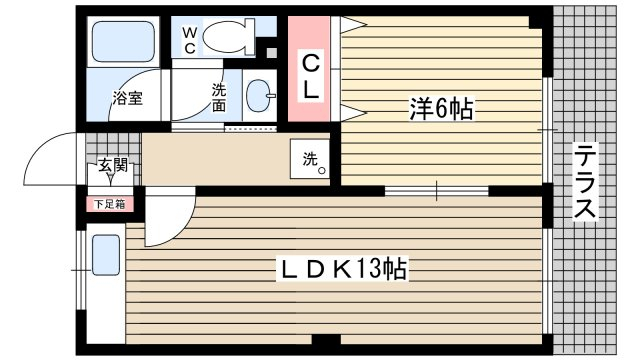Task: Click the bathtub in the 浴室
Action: [123, 41]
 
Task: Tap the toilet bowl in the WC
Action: [224, 37]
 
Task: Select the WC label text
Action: [189, 40]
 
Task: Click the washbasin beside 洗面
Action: [259, 95]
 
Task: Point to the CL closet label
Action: [310, 77]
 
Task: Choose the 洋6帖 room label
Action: [442, 109]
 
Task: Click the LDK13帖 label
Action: [342, 269]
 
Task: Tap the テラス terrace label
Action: [585, 181]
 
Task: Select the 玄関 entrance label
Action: [113, 165]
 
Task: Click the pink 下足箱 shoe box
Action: [110, 204]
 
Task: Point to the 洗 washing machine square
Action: [310, 159]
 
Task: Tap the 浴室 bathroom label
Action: [128, 98]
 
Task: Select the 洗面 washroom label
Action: [219, 97]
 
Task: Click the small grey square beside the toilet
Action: [271, 53]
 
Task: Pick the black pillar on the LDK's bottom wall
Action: [326, 340]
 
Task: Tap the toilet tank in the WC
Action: [250, 37]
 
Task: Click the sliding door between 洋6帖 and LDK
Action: [436, 191]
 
